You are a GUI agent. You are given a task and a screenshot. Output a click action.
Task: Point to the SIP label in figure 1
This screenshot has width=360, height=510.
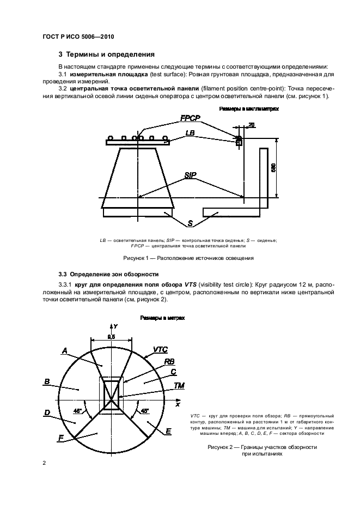point(190,175)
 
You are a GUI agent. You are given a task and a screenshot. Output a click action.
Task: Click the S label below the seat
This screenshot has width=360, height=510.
point(190,223)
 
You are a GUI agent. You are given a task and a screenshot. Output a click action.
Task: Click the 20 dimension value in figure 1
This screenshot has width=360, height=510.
point(251,125)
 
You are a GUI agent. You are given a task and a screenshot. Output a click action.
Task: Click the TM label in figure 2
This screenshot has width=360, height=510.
point(179,385)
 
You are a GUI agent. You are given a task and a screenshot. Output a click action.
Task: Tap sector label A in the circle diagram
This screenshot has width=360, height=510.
point(64,351)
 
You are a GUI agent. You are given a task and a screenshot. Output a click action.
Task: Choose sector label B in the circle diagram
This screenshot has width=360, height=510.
point(47,381)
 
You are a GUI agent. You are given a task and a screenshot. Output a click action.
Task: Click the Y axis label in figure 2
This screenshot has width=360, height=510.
point(115,325)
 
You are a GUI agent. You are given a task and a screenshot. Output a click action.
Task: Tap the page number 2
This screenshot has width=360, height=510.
point(44,463)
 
